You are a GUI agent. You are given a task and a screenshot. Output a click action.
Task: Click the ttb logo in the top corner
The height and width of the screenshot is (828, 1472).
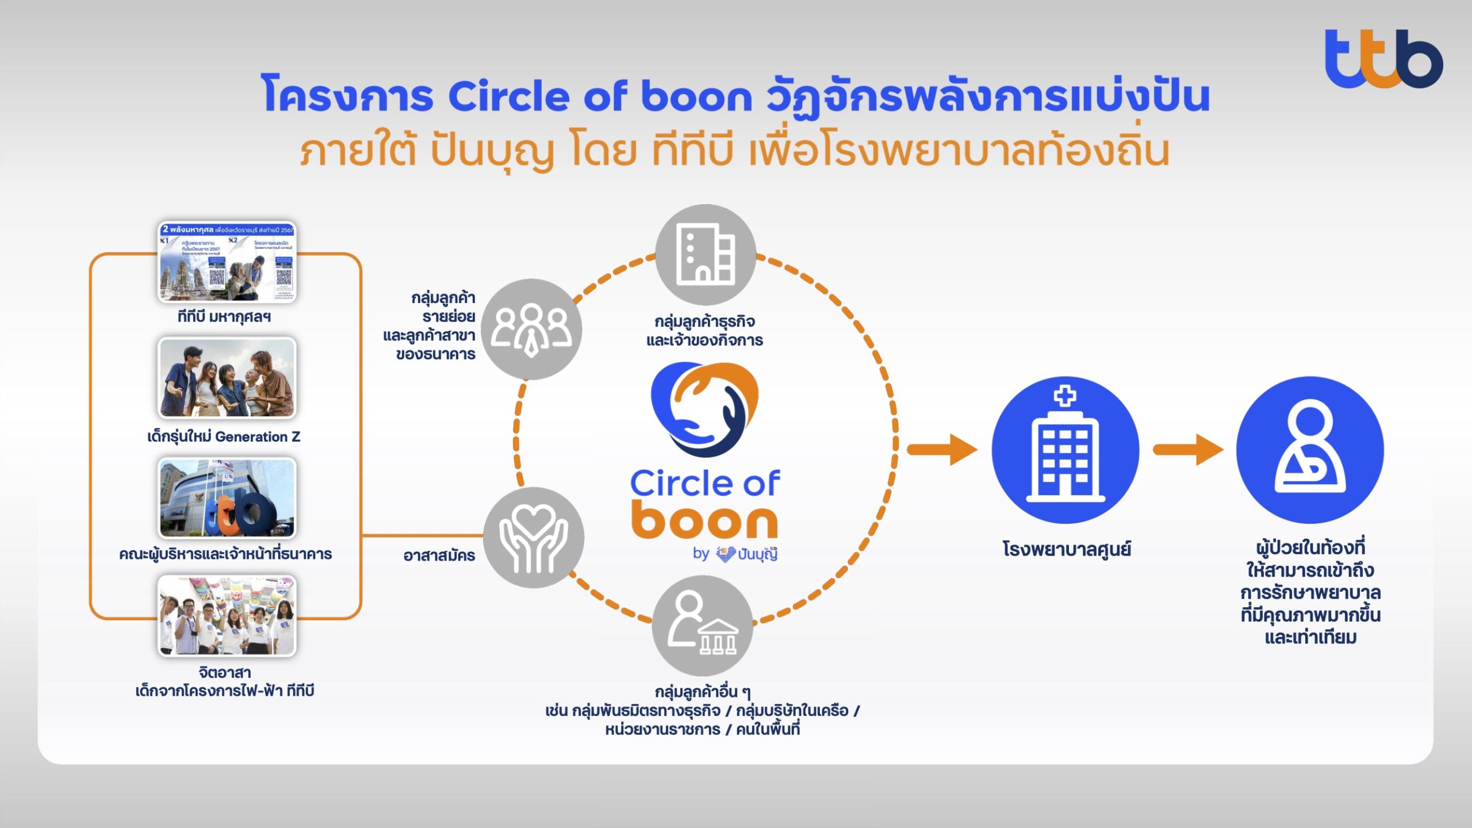(1383, 59)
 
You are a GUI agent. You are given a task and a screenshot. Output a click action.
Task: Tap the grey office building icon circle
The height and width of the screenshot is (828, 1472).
(706, 254)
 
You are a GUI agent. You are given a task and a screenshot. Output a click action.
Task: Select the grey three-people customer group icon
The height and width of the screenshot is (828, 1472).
(531, 329)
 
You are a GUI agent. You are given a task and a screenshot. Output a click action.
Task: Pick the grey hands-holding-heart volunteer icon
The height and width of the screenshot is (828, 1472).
(533, 538)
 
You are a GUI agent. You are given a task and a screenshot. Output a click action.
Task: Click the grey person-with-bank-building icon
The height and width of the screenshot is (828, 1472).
(702, 626)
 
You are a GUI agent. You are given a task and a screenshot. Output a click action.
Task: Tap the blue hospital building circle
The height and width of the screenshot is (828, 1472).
(1065, 450)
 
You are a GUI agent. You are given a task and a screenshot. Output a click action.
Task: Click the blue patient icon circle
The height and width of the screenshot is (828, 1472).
(1310, 450)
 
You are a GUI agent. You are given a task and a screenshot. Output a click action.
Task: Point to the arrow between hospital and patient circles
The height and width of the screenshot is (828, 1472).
(1188, 450)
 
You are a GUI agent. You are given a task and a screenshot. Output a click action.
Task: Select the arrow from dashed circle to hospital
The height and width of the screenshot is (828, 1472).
(943, 450)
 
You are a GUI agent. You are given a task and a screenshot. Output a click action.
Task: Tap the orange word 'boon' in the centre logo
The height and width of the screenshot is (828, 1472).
(704, 520)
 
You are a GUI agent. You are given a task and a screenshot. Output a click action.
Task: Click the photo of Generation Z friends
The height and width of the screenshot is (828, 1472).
(227, 378)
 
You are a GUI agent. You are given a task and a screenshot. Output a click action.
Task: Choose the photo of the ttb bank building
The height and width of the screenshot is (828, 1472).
(227, 498)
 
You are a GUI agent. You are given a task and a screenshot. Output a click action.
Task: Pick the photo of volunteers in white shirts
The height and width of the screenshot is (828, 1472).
(227, 616)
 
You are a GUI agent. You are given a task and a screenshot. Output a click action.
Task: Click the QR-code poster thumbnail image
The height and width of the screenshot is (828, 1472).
(227, 262)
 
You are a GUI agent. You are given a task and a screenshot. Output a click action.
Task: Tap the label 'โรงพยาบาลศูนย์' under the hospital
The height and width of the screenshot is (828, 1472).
(1067, 549)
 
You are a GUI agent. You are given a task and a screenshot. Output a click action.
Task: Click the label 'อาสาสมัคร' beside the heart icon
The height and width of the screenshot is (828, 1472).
(439, 555)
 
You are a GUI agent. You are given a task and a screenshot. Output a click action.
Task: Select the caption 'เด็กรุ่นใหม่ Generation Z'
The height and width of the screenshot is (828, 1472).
(224, 437)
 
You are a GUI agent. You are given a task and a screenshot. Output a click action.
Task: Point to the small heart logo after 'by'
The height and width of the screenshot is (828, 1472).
(726, 554)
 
